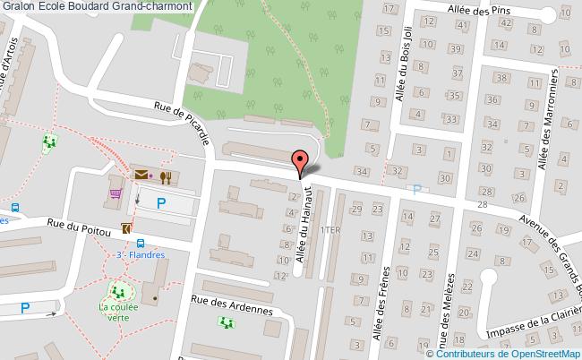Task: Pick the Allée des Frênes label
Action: (386, 296)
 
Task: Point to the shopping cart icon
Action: (116, 192)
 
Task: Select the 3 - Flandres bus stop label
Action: (142, 254)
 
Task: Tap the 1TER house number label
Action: (331, 230)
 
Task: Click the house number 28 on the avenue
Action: (483, 206)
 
